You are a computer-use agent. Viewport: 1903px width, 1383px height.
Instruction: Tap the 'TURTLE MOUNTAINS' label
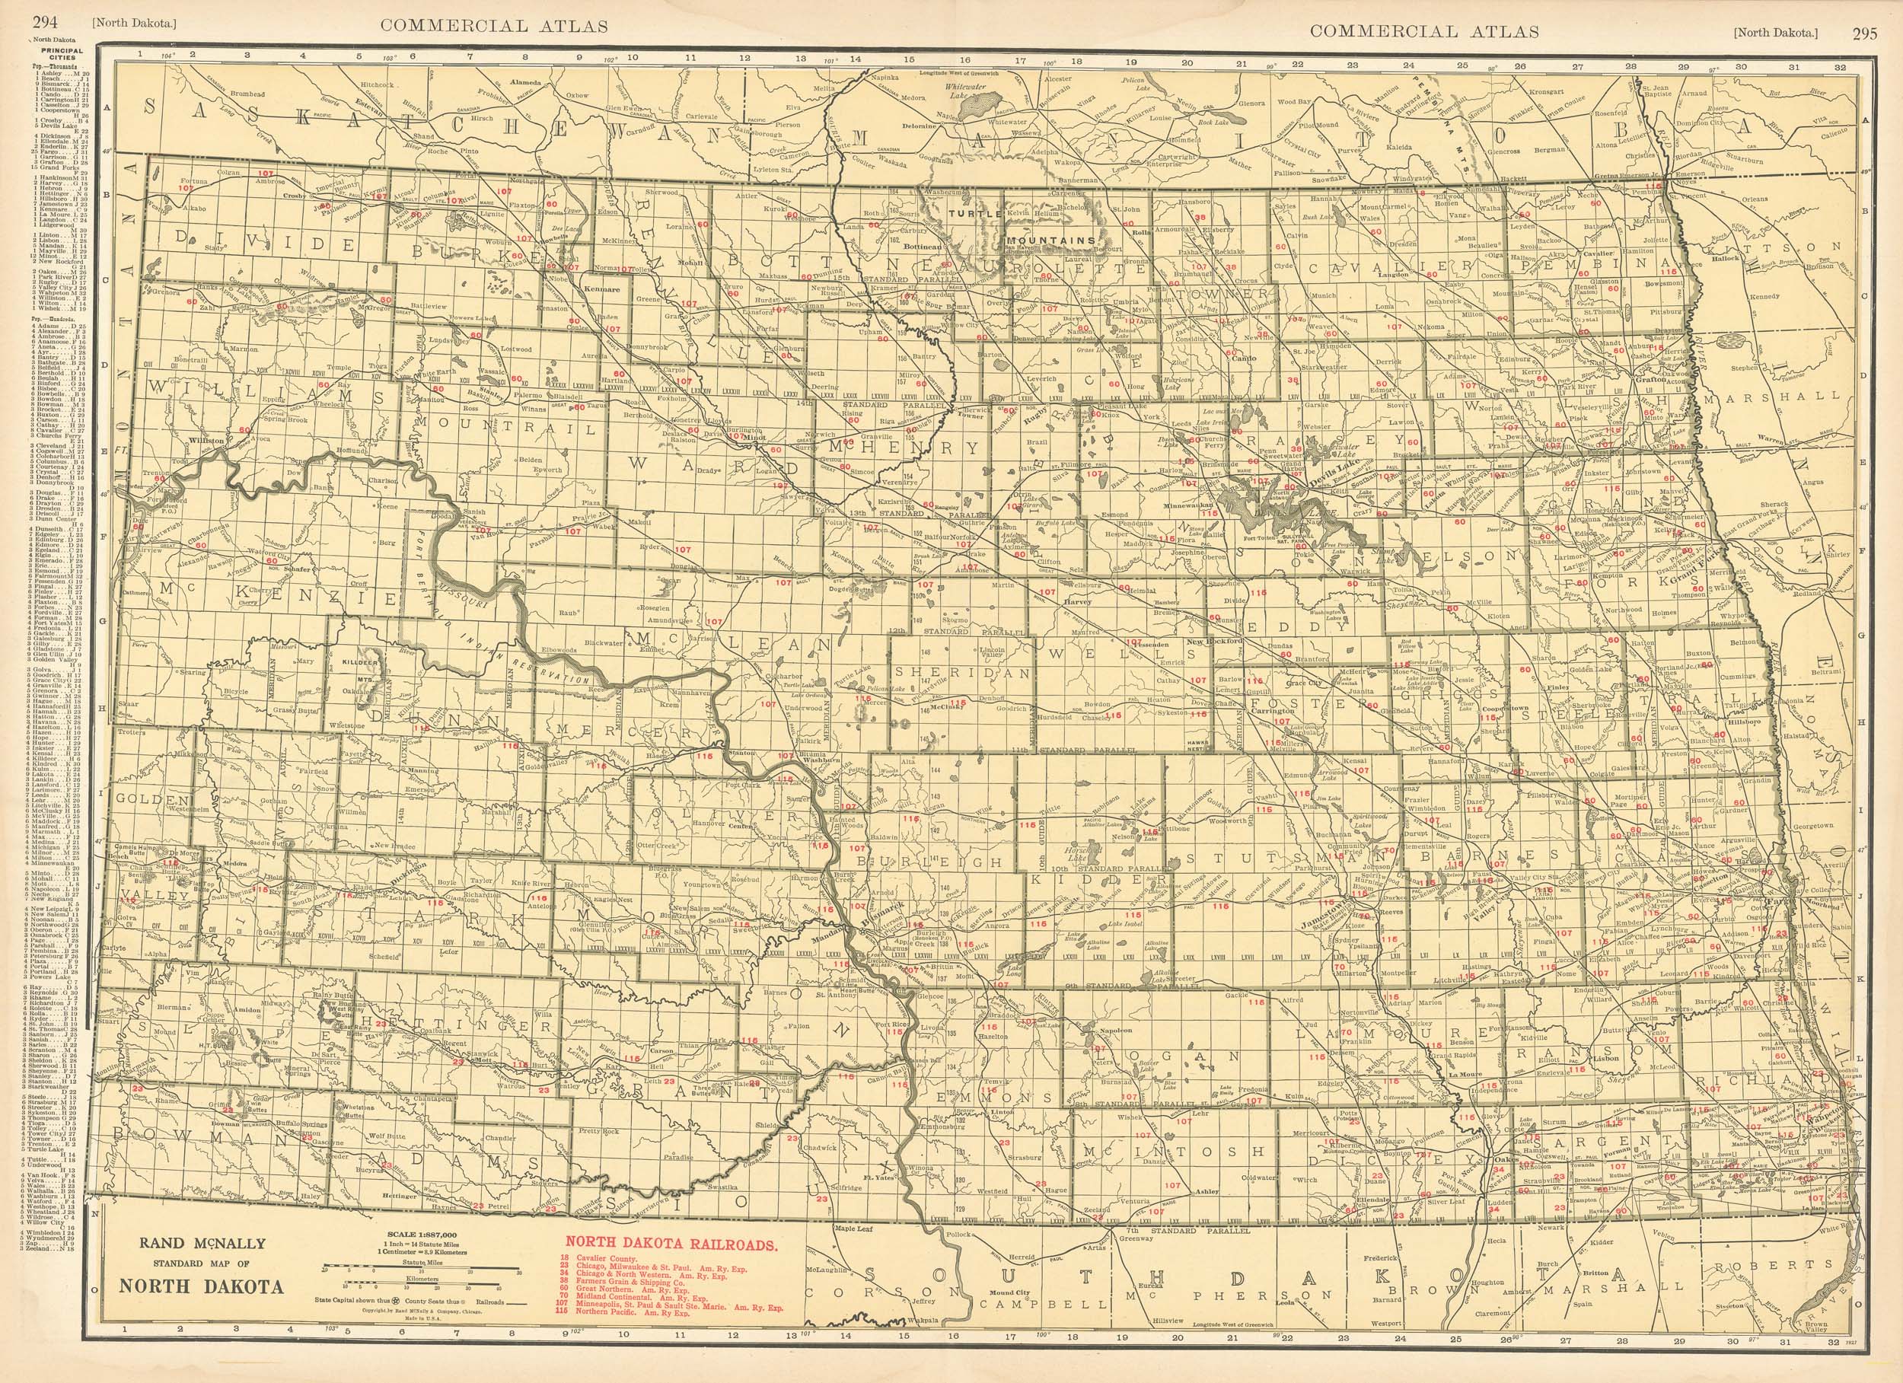[1019, 227]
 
